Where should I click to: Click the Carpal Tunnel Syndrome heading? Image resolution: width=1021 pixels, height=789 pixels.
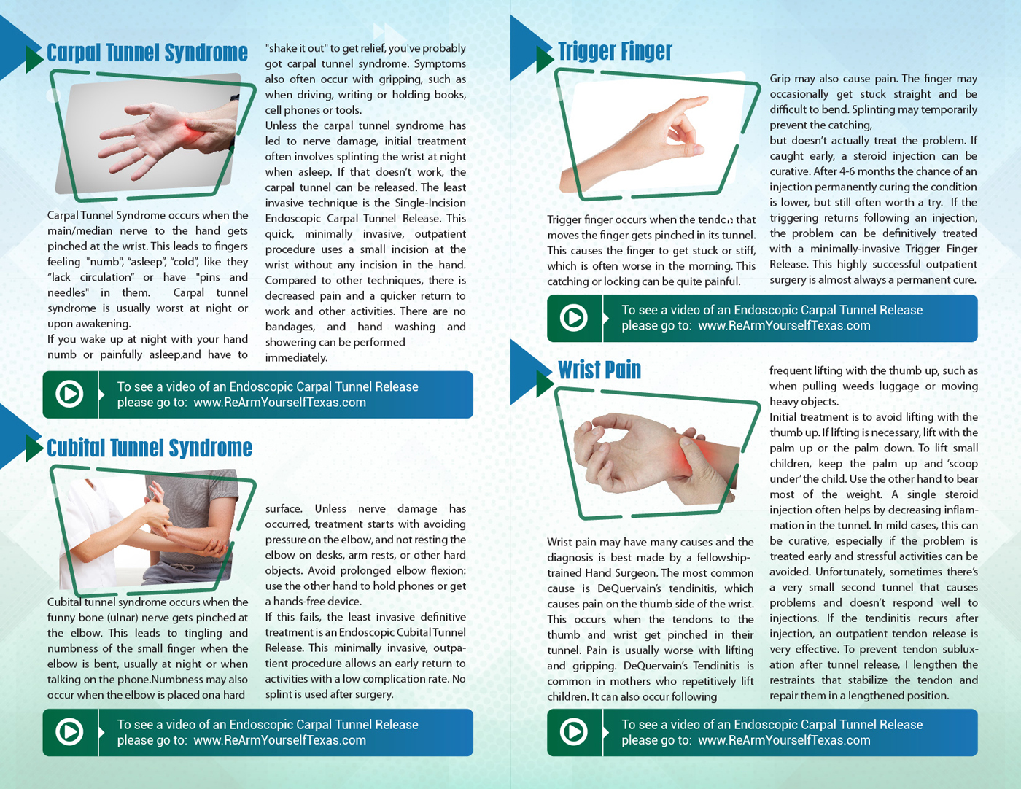pos(147,53)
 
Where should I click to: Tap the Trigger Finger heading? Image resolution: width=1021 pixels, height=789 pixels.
pos(615,51)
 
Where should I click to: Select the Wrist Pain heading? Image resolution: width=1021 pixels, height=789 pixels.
pos(599,370)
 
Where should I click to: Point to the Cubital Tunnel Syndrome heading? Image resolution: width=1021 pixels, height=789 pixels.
pos(150,448)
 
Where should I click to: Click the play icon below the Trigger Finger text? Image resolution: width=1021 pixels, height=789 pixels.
pos(573,318)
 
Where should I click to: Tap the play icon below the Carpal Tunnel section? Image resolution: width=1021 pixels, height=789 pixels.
pos(70,394)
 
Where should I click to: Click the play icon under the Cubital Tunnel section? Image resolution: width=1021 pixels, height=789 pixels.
pos(70,732)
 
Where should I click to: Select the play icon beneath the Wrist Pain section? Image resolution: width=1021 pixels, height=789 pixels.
pos(573,732)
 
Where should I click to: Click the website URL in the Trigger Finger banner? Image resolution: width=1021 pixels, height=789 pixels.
pos(784,326)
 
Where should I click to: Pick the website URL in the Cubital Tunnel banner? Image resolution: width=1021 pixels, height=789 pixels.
pos(279,740)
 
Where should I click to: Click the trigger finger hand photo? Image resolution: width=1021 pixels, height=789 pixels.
pos(656,139)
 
